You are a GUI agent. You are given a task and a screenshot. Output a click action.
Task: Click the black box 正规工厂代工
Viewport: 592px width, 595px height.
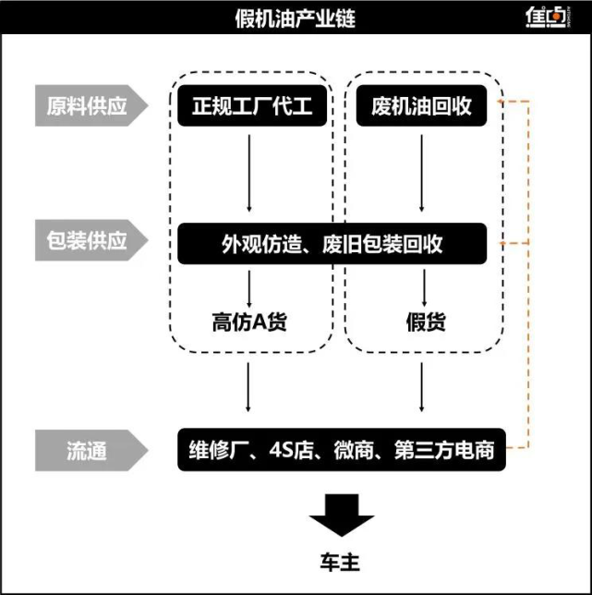pyautogui.click(x=249, y=106)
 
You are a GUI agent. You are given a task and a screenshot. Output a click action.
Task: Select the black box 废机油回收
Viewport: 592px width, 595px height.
pyautogui.click(x=421, y=106)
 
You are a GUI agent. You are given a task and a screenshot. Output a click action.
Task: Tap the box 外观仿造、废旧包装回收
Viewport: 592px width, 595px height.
pyautogui.click(x=332, y=244)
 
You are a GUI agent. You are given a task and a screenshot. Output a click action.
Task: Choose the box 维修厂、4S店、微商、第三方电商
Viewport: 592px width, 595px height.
pyautogui.click(x=338, y=451)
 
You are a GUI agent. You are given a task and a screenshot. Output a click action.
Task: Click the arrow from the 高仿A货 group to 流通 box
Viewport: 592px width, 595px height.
pyautogui.click(x=249, y=388)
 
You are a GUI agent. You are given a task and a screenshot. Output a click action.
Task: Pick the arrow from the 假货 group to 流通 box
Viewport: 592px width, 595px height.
pyautogui.click(x=422, y=388)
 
